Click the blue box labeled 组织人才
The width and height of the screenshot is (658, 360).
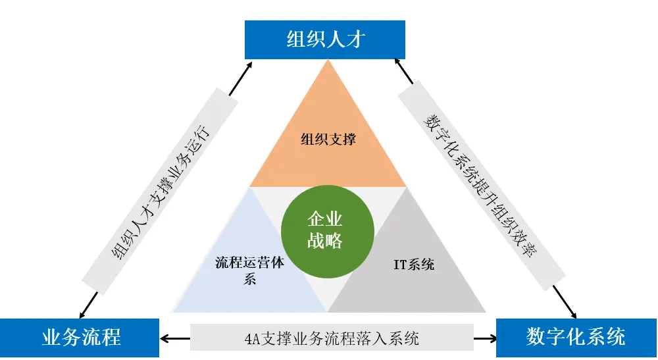[x=325, y=39]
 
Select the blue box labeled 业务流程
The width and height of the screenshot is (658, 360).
[x=80, y=338]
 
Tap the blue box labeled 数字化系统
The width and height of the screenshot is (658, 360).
[x=576, y=338]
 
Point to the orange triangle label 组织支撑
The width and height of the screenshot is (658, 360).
[x=328, y=140]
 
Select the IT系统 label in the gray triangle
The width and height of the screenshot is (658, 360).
[x=414, y=265]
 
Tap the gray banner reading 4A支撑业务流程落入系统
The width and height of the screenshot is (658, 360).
[x=332, y=339]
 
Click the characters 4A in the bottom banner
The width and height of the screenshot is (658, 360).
[x=251, y=340]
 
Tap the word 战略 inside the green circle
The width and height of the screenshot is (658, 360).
[x=325, y=242]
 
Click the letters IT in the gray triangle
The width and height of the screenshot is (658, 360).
[x=401, y=265]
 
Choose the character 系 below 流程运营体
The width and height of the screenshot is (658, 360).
[x=249, y=280]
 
